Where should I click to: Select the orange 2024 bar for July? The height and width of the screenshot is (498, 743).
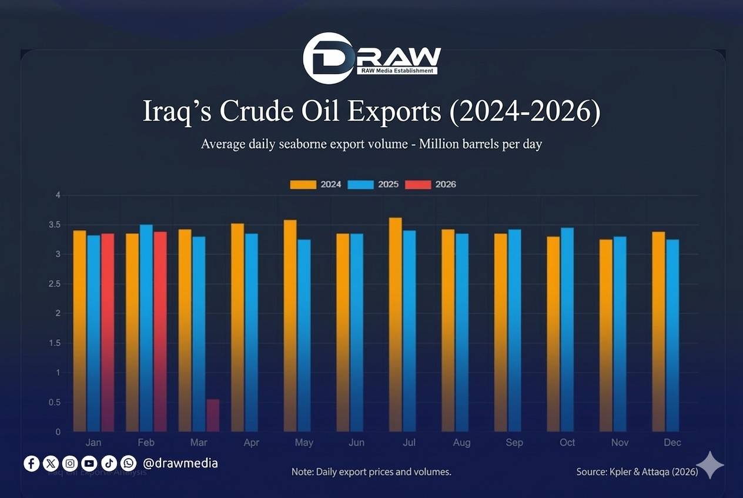396,324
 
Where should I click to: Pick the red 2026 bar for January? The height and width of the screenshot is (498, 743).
108,332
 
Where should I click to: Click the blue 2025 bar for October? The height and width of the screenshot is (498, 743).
567,330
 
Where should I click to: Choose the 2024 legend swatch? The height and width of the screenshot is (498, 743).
303,184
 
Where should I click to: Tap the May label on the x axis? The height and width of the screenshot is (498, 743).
304,443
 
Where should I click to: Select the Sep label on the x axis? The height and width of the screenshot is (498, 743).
514,443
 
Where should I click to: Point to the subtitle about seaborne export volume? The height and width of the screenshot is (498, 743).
371,144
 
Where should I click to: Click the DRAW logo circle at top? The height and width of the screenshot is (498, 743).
327,58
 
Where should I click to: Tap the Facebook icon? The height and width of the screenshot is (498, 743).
32,463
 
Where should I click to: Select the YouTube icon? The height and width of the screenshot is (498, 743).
89,463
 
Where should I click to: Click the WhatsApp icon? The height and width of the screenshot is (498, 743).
128,463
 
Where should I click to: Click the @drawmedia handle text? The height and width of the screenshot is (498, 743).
180,463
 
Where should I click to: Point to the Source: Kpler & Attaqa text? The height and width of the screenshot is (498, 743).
637,472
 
